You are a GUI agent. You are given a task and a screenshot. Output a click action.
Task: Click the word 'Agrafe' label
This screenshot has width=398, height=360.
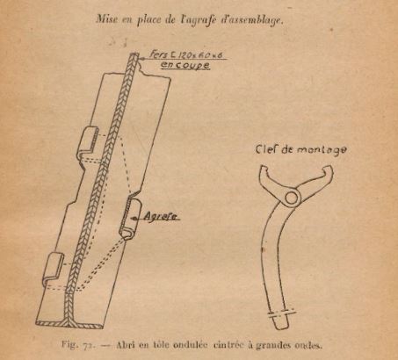pyautogui.click(x=161, y=217)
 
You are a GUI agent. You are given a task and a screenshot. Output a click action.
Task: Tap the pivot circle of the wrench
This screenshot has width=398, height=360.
pyautogui.click(x=292, y=198)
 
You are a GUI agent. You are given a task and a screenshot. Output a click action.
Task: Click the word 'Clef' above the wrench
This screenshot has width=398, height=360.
pyautogui.click(x=266, y=148)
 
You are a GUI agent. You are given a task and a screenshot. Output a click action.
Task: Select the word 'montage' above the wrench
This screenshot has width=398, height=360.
pyautogui.click(x=322, y=150)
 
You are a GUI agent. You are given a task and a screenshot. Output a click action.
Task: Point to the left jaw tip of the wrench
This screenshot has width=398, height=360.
pyautogui.click(x=263, y=169)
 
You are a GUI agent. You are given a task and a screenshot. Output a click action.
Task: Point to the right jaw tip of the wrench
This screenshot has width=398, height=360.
pyautogui.click(x=329, y=168)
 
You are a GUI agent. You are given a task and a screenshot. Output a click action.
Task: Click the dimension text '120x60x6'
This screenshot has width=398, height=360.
pyautogui.click(x=199, y=54)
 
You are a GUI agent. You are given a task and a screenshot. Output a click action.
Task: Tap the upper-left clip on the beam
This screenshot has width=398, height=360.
pyautogui.click(x=88, y=140)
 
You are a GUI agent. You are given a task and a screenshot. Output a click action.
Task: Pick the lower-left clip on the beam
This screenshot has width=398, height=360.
pyautogui.click(x=53, y=266)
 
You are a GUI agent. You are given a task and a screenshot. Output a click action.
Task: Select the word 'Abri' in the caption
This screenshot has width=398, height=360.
pyautogui.click(x=126, y=345)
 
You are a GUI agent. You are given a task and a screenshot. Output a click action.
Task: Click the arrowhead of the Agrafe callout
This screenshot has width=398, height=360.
pyautogui.click(x=134, y=218)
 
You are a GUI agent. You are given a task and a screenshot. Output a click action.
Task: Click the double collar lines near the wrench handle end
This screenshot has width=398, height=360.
pyautogui.click(x=282, y=313)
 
